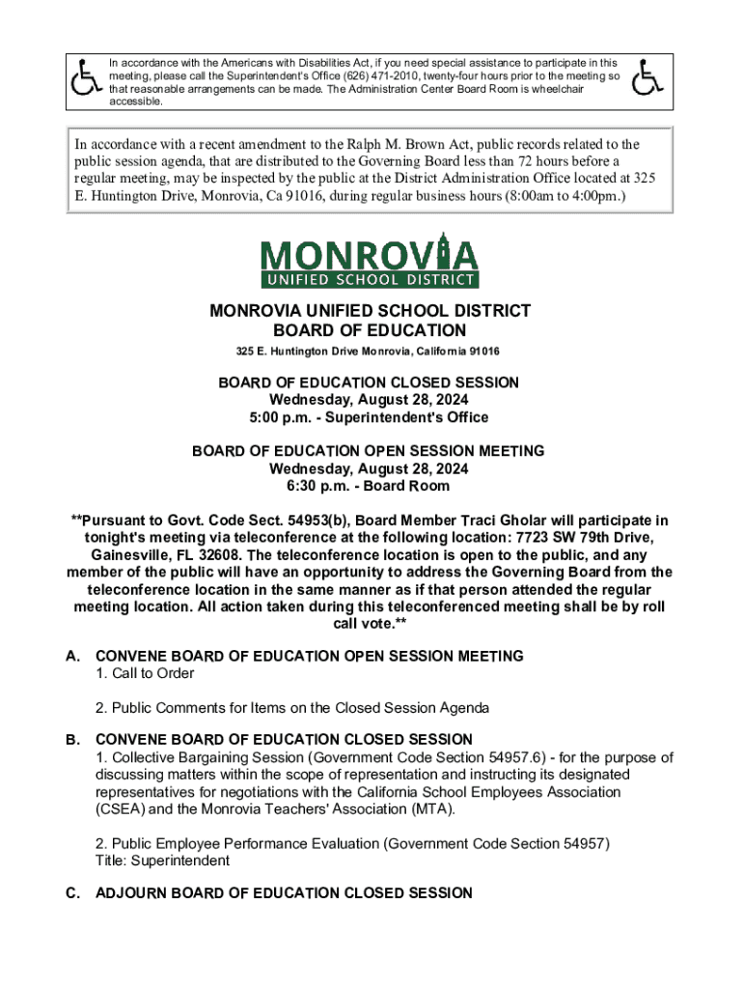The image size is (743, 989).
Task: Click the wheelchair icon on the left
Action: (88, 77)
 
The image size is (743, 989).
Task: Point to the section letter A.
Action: (72, 656)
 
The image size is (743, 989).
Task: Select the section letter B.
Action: (72, 739)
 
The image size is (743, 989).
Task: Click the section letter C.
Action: (72, 893)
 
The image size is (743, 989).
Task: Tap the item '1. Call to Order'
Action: (145, 673)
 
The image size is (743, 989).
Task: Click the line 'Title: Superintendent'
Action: (162, 861)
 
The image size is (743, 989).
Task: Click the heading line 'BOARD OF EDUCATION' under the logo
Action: (371, 330)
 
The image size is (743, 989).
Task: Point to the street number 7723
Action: (535, 538)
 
